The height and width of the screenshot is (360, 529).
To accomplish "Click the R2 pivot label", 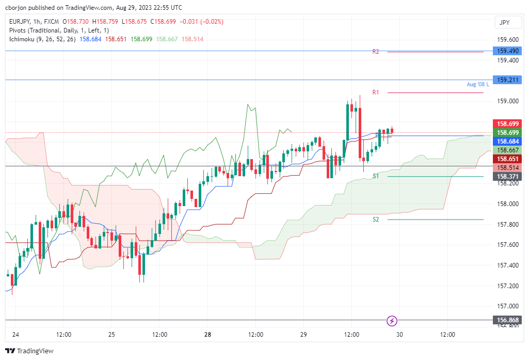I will (376, 52).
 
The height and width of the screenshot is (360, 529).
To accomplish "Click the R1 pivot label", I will (376, 92).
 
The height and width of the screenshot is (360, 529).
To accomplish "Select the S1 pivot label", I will (376, 177).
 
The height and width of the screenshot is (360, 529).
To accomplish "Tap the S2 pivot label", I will (376, 220).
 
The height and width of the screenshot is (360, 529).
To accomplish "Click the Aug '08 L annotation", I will (477, 84).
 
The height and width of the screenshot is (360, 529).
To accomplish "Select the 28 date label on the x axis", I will (207, 335).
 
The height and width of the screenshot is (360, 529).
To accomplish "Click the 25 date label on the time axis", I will (111, 335).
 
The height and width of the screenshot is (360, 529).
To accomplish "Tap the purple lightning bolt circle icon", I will (392, 321).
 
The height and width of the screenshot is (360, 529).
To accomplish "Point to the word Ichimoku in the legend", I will (22, 39).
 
